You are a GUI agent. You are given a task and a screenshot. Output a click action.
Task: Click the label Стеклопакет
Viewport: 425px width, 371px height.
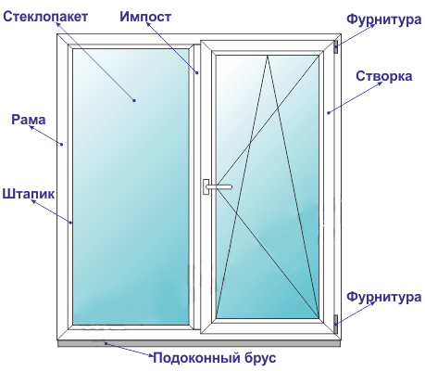[45, 17]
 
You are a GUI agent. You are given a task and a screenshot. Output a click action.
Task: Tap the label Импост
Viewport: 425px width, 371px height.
[145, 17]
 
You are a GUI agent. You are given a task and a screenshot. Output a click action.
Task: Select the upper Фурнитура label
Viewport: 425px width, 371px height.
[383, 19]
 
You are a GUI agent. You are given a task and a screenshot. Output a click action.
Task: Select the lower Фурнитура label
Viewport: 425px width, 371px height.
[383, 297]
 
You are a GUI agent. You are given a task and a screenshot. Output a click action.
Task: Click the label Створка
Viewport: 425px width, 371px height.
[383, 76]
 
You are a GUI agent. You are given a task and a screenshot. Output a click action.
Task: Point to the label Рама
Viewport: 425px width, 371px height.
[29, 120]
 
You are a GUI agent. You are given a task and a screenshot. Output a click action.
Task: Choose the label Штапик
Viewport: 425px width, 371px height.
[29, 194]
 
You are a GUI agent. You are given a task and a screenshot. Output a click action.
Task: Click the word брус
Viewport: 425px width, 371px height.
[260, 358]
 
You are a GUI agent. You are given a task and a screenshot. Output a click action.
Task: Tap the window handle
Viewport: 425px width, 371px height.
[216, 186]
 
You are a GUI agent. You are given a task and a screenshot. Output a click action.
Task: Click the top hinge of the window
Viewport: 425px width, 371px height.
[336, 46]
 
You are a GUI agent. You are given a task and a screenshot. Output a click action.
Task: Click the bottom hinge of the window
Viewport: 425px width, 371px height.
[336, 324]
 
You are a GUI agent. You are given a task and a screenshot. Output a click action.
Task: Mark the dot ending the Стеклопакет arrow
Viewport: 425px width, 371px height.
[134, 100]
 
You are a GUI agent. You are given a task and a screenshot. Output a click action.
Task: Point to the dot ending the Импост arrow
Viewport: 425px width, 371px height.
[197, 73]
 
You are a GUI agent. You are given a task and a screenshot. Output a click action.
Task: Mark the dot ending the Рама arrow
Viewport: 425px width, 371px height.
[62, 144]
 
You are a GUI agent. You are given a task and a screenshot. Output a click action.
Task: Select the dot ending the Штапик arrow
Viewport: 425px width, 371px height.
[70, 223]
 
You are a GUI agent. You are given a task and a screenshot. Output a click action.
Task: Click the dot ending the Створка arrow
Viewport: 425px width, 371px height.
[329, 112]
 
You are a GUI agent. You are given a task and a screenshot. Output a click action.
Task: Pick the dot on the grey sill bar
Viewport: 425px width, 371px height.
[106, 343]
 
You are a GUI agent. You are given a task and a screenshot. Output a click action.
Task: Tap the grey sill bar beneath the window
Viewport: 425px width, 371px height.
[199, 343]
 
